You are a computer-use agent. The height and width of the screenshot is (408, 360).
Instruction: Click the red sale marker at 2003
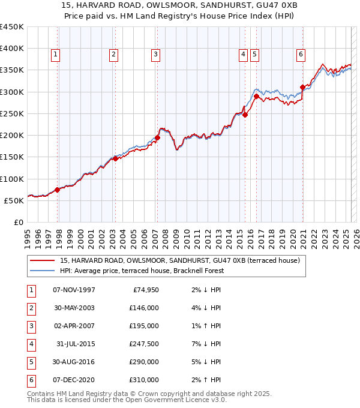point(115,159)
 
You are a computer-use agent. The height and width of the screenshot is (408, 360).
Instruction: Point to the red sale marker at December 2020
point(302,88)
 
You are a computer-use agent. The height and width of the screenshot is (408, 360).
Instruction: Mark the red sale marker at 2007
point(157,137)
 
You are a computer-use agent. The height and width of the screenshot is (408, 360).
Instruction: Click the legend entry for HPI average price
point(142,271)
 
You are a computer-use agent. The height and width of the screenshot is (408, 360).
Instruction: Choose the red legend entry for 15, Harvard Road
point(175,260)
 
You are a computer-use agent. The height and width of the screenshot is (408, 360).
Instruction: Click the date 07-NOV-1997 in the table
point(74,290)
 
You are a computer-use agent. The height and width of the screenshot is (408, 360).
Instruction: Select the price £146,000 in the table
point(143,308)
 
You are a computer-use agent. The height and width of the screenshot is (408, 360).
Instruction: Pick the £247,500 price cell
point(143,344)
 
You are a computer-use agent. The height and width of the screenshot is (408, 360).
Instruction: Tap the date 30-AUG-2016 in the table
point(74,362)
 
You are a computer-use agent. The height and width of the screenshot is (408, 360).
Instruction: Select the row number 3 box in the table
point(31,326)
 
